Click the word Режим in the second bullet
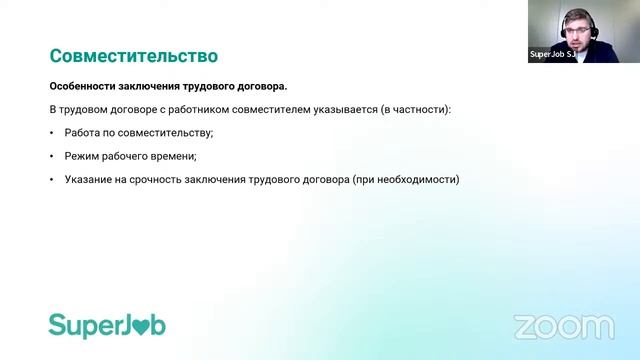tap(83, 156)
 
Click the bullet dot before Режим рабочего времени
tap(52, 156)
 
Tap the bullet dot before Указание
tap(52, 180)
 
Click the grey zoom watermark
tap(563, 326)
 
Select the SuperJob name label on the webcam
tap(551, 56)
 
